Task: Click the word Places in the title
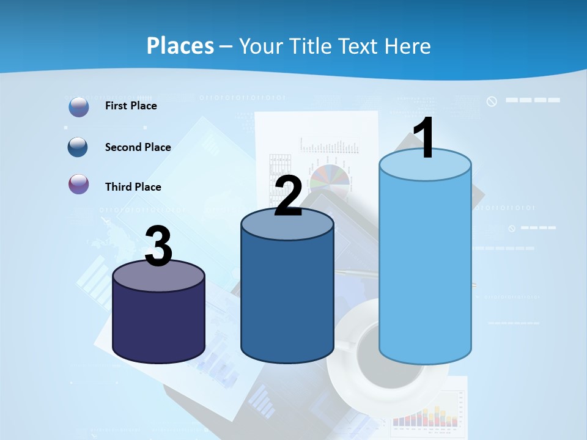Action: point(180,46)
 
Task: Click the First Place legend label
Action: point(131,106)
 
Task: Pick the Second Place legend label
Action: point(138,147)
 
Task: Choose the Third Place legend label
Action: point(133,187)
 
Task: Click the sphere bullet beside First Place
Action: point(79,106)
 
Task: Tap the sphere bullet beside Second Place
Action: point(78,147)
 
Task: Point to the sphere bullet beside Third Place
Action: point(79,184)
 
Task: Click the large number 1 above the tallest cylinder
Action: point(424,139)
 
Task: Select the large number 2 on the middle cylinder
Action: point(288,197)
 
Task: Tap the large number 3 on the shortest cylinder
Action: point(158,247)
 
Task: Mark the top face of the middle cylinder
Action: point(287,225)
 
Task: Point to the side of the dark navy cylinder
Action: point(158,324)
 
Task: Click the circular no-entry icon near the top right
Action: point(492,101)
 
